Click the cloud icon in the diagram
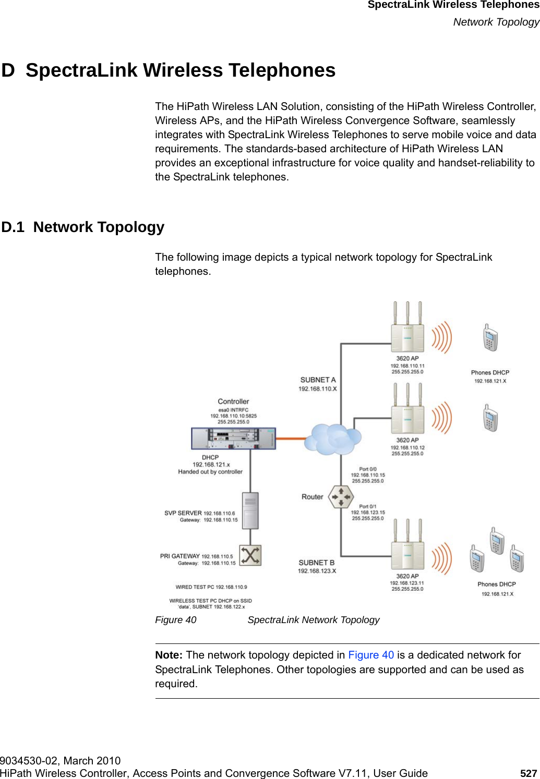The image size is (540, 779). click(333, 439)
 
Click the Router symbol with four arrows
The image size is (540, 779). click(341, 497)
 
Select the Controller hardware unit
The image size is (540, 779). click(233, 439)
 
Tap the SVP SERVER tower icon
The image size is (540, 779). click(250, 511)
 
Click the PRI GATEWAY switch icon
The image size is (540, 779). click(250, 555)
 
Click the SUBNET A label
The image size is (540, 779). click(318, 380)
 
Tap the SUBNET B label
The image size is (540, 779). click(316, 563)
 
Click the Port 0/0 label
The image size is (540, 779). click(368, 469)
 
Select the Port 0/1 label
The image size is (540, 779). click(368, 506)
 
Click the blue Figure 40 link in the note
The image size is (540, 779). click(371, 655)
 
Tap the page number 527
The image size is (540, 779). click(529, 773)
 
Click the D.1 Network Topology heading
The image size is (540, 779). click(83, 227)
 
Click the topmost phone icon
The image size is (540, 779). click(490, 338)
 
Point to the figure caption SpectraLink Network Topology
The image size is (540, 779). click(313, 620)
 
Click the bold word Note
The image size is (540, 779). click(168, 655)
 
